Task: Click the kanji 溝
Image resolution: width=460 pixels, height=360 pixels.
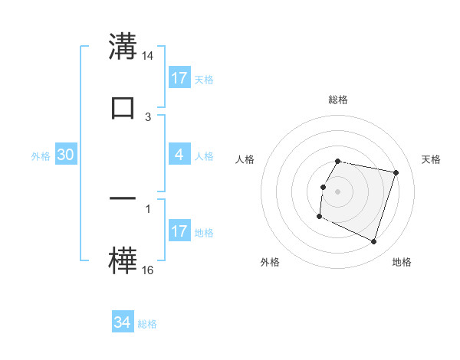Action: coord(122,47)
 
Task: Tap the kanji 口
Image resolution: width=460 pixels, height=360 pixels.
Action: coord(122,107)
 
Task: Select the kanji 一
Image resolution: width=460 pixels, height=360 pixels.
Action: coord(122,198)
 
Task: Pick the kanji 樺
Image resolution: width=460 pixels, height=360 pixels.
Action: coord(122,260)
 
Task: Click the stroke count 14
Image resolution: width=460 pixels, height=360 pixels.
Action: coord(149,56)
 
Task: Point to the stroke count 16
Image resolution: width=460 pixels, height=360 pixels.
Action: coord(149,270)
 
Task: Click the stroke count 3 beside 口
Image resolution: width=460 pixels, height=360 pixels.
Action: coord(148,116)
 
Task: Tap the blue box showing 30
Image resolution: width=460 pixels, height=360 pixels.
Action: coord(66,155)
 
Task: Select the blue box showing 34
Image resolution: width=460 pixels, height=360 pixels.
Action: coord(123,322)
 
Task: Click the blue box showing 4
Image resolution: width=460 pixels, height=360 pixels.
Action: coord(179,155)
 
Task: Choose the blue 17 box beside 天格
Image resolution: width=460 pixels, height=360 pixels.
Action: coord(179,77)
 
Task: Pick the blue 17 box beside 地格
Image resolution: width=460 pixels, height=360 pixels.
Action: coord(179,231)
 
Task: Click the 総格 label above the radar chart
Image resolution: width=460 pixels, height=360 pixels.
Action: coord(338,100)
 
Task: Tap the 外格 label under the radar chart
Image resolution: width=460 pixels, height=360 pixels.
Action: coord(270,262)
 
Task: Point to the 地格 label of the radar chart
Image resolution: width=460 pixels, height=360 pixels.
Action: coord(402,262)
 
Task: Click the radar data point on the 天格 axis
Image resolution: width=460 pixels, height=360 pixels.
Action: coord(396,173)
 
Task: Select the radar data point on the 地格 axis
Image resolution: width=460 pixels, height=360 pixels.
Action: coord(374,241)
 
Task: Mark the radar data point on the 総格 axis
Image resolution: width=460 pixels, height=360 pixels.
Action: coord(338,162)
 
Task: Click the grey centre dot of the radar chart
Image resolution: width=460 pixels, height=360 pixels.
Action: coord(338,191)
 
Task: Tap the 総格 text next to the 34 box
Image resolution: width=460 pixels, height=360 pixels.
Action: coord(147,324)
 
